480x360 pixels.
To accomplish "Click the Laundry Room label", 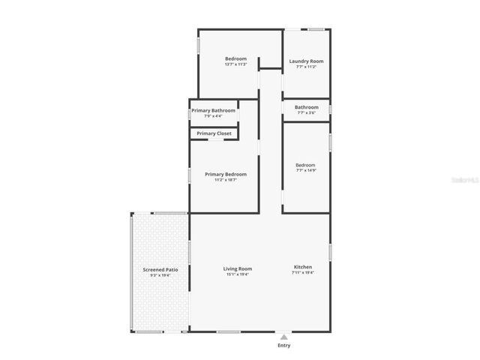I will (x=306, y=61).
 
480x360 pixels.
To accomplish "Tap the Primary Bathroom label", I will (x=213, y=110).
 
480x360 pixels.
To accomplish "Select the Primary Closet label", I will (x=214, y=133).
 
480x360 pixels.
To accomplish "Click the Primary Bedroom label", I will (x=226, y=174).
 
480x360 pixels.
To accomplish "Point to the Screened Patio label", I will (x=160, y=268).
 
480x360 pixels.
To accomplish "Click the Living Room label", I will (x=237, y=268).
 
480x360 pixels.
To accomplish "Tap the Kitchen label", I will (x=302, y=267).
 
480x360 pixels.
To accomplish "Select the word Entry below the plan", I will (x=283, y=346).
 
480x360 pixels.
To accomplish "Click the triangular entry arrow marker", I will (x=283, y=337).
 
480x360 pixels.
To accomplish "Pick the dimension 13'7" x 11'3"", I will (x=235, y=64).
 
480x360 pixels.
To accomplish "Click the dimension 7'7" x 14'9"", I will (x=305, y=170).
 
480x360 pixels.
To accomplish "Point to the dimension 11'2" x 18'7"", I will (x=226, y=180).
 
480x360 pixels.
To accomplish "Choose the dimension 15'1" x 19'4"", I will (x=237, y=274).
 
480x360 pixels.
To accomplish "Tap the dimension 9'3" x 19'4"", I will (x=160, y=274).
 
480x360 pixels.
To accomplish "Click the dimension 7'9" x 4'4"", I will (x=213, y=116).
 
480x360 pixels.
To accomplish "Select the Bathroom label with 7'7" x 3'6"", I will (x=306, y=107).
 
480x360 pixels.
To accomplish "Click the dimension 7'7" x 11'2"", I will (x=306, y=67).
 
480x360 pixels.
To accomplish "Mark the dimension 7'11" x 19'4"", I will (x=302, y=273).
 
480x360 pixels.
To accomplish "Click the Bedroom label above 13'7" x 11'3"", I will (x=235, y=58).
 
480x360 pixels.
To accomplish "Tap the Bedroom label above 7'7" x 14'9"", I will (x=305, y=164).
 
